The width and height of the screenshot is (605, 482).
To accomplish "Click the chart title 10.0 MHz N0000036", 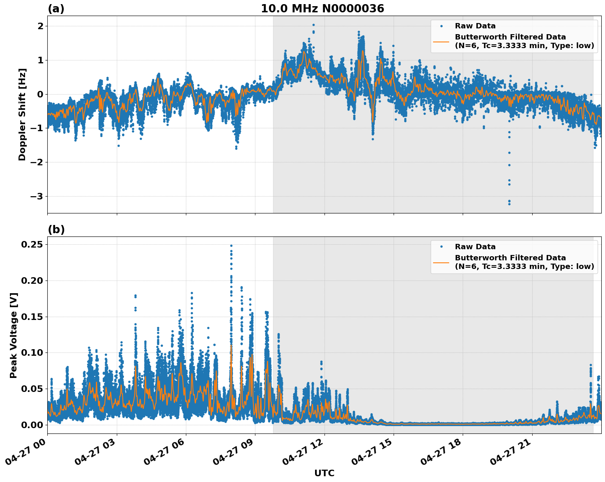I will (322, 9).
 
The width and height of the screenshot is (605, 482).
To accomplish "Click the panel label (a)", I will (56, 9).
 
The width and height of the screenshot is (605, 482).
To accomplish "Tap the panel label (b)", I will (56, 229).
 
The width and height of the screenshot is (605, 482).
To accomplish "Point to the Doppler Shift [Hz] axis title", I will (22, 114).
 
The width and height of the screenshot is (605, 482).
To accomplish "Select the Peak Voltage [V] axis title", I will (14, 335).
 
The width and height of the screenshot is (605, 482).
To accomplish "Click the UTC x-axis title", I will (324, 473).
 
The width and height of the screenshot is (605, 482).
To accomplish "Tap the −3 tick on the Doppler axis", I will (36, 196).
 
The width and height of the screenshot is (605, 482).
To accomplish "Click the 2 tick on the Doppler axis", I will (40, 26).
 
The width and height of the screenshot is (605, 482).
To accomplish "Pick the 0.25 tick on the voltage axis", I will (32, 245).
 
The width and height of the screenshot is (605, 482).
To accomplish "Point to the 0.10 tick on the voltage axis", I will (32, 353).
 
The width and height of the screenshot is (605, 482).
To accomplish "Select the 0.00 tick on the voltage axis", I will (32, 425).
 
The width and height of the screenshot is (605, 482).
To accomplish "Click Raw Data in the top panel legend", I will (475, 26).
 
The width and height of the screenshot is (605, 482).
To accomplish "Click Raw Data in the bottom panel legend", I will (475, 247).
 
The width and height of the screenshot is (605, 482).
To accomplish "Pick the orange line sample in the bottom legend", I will (441, 262).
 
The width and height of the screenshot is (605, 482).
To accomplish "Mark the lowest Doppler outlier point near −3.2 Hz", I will (509, 204).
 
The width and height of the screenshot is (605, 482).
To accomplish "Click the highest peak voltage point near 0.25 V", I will (231, 246).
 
